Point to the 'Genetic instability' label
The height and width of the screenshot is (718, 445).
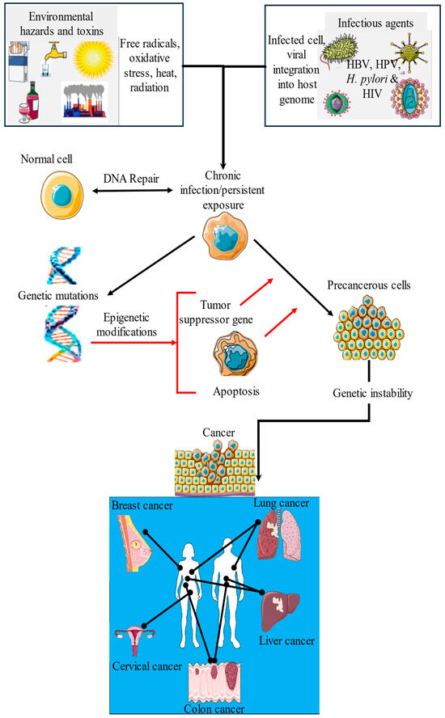[371, 393]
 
